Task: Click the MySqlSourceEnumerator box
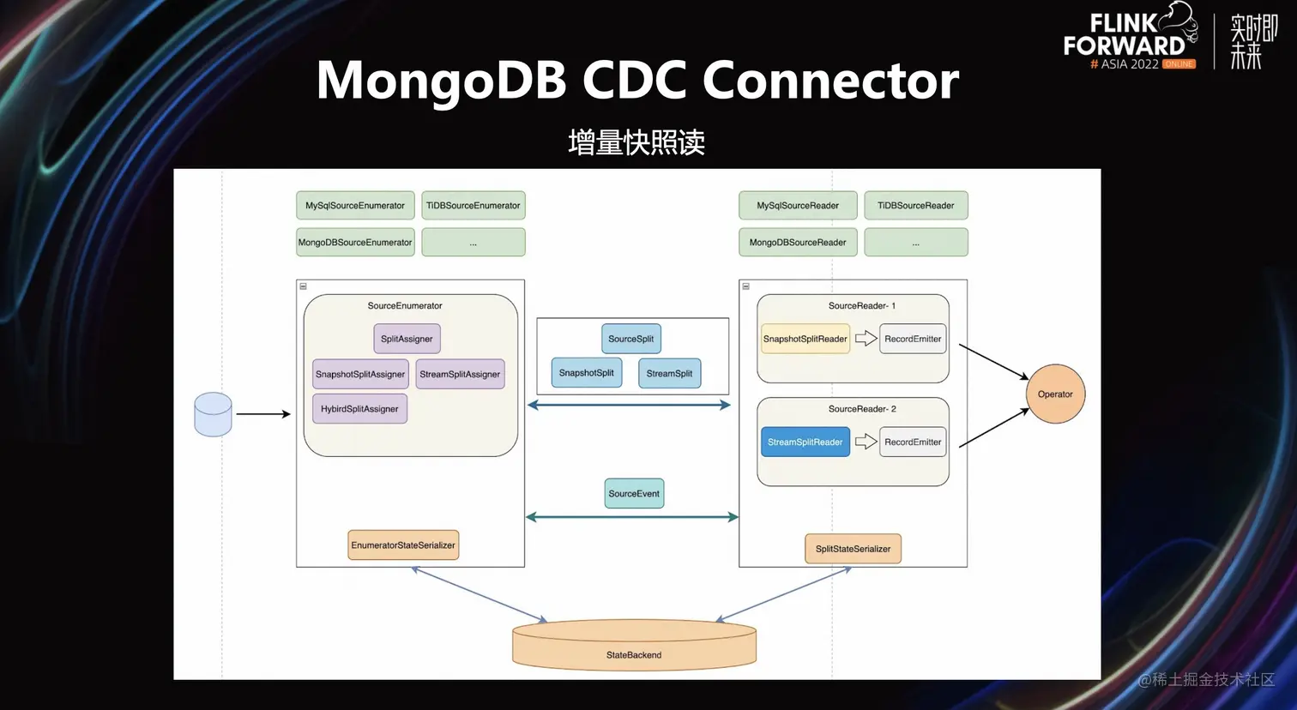355,206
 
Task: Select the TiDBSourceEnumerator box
474,206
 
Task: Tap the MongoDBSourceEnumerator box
355,243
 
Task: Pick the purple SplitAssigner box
407,339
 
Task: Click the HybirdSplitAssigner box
359,409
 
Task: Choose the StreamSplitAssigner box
460,374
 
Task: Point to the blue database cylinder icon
213,414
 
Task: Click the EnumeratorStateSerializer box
403,545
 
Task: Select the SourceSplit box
630,339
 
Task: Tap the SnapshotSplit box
587,373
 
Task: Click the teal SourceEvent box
634,494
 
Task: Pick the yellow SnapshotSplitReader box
805,339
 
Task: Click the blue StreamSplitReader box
805,442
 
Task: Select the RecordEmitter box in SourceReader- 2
913,442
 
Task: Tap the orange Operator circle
1055,394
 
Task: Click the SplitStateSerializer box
853,549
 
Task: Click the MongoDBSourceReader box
798,243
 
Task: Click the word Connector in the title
830,80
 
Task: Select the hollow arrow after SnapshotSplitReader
866,339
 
